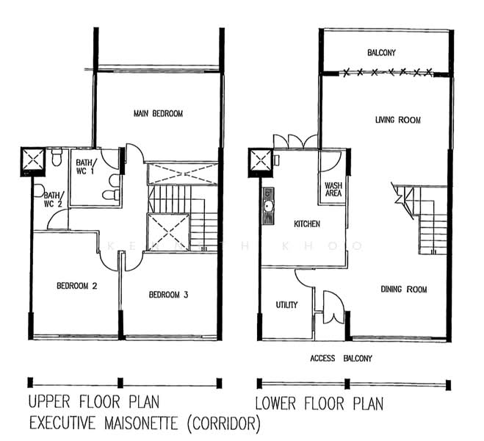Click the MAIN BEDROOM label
click(158, 114)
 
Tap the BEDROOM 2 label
click(77, 286)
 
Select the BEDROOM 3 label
click(168, 295)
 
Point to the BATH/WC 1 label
click(86, 166)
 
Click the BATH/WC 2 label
click(54, 199)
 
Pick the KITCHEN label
click(307, 223)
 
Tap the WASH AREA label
click(333, 190)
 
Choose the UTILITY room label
click(286, 305)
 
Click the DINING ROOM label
click(404, 290)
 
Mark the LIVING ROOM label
click(398, 120)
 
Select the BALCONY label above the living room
click(381, 52)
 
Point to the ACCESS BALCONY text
click(341, 358)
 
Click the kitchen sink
click(268, 206)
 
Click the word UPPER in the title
click(49, 402)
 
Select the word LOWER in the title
click(275, 404)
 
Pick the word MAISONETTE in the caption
click(141, 423)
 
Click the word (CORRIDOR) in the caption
click(224, 423)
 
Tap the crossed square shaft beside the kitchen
click(261, 161)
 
